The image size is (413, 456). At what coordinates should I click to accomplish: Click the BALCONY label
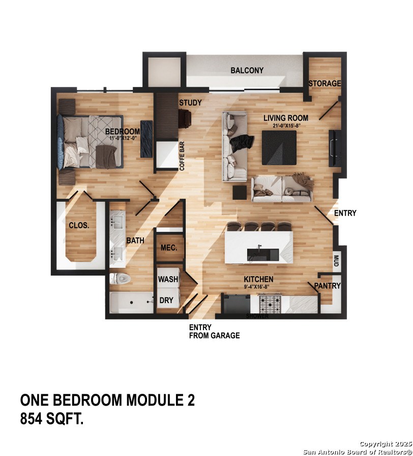(x=247, y=70)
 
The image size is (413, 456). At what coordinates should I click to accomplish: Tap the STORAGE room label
(x=324, y=84)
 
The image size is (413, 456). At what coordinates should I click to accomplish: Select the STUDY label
(x=190, y=103)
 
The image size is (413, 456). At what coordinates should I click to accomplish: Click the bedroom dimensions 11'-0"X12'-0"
(x=122, y=138)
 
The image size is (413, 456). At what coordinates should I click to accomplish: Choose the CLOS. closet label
(x=79, y=225)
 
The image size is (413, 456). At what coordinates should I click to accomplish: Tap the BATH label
(x=135, y=240)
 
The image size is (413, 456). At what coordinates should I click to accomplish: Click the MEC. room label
(x=168, y=248)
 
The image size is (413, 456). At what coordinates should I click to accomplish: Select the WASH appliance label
(x=168, y=279)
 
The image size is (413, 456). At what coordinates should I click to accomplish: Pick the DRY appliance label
(x=166, y=301)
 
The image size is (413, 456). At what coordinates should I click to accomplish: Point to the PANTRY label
(x=327, y=286)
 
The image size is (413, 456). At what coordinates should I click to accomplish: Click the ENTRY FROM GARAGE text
(x=214, y=332)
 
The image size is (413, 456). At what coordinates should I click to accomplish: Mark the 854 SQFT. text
(x=52, y=419)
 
